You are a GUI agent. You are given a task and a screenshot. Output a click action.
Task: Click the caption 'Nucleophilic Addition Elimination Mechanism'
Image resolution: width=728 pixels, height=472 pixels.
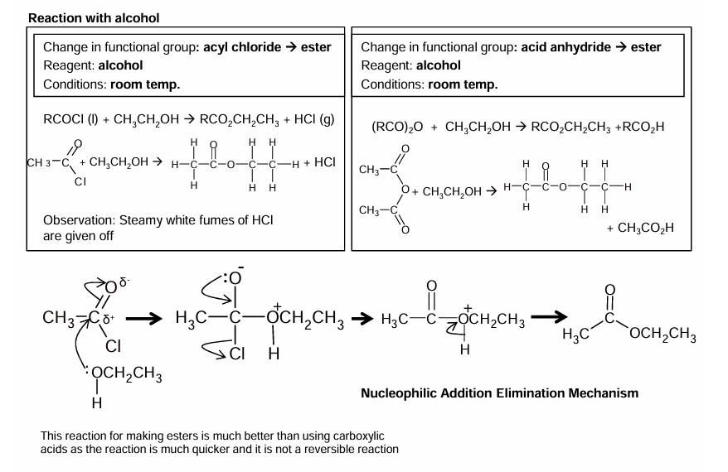[500, 393]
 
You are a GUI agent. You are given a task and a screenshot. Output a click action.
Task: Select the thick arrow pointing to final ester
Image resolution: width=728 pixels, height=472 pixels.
[549, 318]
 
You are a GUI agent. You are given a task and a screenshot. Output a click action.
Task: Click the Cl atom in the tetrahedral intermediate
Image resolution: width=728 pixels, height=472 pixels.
[237, 354]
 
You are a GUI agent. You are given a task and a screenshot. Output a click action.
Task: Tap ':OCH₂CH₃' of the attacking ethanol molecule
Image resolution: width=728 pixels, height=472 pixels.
[124, 379]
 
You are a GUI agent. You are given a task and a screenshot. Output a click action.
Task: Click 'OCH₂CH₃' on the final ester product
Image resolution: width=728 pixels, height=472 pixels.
[662, 335]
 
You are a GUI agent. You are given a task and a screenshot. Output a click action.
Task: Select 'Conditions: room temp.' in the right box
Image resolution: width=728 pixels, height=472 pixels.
[429, 84]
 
